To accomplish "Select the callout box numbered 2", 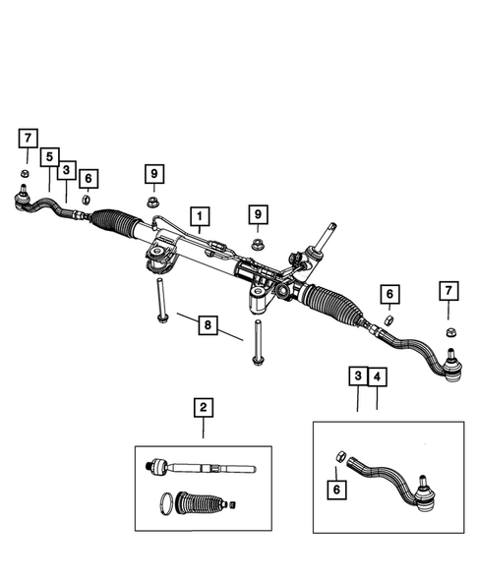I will pos(204,407).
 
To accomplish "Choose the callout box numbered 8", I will pos(207,325).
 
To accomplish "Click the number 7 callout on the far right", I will pos(448,290).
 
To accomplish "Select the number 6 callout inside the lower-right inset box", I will pos(338,489).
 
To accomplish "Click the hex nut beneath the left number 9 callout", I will pos(154,203).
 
